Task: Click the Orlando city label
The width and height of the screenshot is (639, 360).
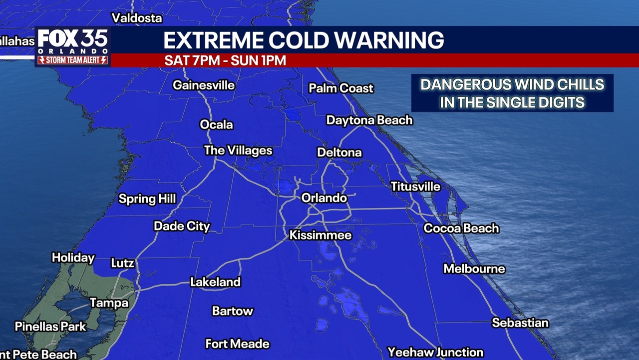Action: [x=324, y=198]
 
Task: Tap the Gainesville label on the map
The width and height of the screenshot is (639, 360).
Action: [x=203, y=85]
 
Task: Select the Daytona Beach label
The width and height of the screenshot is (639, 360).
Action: [x=369, y=120]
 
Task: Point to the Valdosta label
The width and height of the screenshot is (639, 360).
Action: [x=137, y=18]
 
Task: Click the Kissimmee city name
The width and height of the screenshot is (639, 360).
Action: [x=320, y=235]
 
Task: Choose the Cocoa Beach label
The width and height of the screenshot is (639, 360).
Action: [x=461, y=228]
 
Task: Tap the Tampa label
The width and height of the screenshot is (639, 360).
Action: [x=109, y=303]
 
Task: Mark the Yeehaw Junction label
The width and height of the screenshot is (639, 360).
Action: [x=435, y=352]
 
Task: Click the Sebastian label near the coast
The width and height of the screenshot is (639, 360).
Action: [x=520, y=323]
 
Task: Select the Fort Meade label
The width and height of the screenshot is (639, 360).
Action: [x=238, y=344]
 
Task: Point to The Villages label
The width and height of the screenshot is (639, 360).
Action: [x=238, y=150]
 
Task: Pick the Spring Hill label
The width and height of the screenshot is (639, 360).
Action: [x=147, y=199]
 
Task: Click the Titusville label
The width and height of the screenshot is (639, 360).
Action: [x=415, y=187]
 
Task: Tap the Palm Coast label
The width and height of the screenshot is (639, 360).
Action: [x=341, y=88]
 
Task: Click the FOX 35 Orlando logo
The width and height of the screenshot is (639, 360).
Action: [x=73, y=41]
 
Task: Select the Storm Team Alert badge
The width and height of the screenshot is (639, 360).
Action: [x=73, y=60]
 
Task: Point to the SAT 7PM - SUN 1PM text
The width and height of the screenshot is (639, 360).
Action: [x=225, y=61]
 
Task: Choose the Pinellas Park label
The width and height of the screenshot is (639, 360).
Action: [x=50, y=327]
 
